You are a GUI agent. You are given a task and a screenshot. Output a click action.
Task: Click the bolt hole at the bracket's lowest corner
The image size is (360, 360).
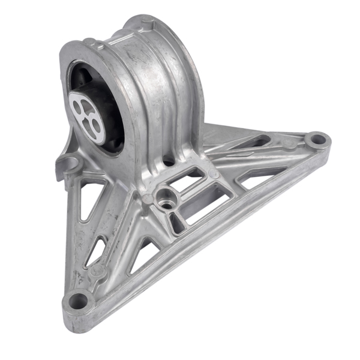(x=77, y=298)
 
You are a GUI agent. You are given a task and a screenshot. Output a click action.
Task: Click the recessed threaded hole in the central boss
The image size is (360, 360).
(x=163, y=196)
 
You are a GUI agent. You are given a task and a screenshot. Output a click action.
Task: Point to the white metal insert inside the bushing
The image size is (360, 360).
(x=86, y=111)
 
